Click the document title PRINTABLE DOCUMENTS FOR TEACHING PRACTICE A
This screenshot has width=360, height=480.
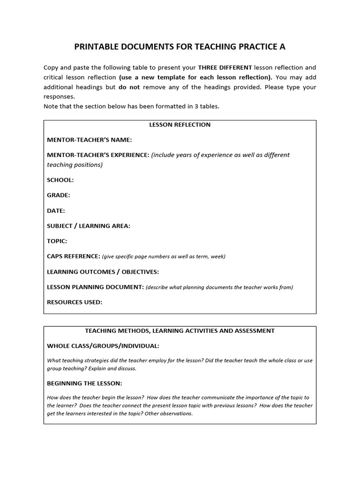(x=180, y=47)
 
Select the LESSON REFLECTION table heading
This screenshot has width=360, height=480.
(x=180, y=125)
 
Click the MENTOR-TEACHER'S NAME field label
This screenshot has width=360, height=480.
(x=90, y=140)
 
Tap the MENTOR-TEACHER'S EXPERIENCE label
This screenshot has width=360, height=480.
(x=98, y=155)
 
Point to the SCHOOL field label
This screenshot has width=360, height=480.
(x=60, y=180)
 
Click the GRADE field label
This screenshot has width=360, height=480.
(x=59, y=195)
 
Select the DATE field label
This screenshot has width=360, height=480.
(x=56, y=210)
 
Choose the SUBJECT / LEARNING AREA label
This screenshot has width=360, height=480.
(x=89, y=226)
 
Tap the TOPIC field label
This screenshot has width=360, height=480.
(x=57, y=241)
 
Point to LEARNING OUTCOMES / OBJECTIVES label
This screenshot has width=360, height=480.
(x=103, y=272)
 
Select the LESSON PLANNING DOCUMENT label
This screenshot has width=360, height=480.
(x=95, y=287)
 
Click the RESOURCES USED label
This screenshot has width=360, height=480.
(x=75, y=302)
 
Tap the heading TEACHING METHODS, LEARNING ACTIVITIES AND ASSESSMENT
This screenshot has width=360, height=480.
(x=180, y=331)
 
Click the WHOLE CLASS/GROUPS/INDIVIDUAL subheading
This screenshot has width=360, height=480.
(x=103, y=346)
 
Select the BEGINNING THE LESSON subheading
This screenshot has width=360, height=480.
(x=84, y=383)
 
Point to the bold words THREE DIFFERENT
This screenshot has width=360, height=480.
(x=225, y=67)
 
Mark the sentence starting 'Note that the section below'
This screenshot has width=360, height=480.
(x=131, y=106)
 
